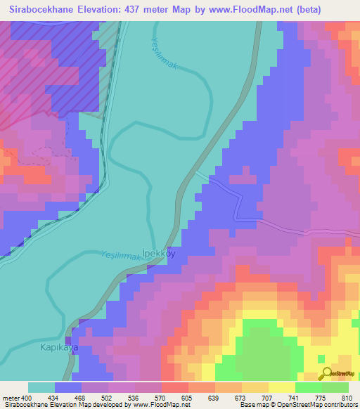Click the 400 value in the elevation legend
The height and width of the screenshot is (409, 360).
pos(22,398)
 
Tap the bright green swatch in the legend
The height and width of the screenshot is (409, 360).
pos(309,387)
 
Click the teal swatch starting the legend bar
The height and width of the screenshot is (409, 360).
pos(41,387)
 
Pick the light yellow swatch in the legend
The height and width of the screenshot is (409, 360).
pos(282,387)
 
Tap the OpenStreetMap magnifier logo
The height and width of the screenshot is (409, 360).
pos(327,375)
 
